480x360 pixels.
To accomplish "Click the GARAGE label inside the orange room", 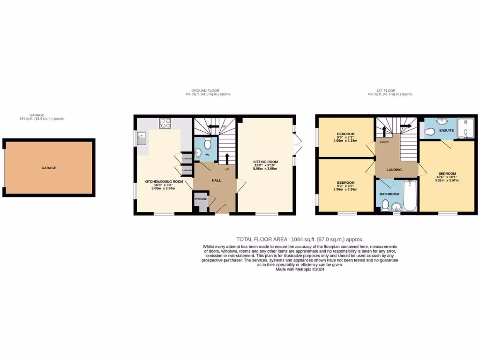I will (49, 168).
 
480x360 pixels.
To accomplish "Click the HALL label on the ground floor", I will (216, 180).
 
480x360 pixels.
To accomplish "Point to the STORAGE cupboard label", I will (201, 199).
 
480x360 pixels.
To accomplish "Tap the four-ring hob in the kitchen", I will (165, 123).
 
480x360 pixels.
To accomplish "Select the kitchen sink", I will (142, 138).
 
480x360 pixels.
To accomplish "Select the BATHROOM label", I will (390, 194).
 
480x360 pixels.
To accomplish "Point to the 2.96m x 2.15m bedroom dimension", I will (345, 141).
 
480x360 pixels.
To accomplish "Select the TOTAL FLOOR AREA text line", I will (300, 239).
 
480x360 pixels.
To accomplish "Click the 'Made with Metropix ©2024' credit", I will (300, 269).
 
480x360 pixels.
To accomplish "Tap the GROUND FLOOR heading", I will (205, 90).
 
